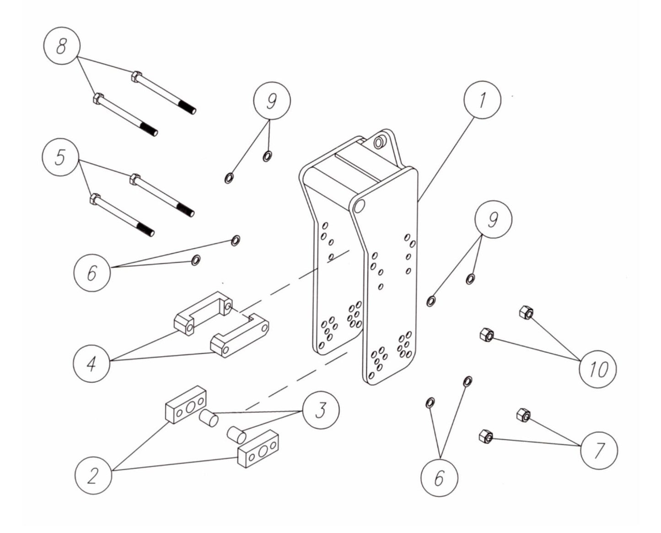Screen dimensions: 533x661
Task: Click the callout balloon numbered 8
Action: click(x=62, y=47)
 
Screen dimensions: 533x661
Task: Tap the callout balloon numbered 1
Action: click(x=482, y=101)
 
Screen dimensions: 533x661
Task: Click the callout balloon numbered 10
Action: click(x=597, y=369)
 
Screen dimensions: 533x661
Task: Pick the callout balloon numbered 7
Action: click(x=598, y=451)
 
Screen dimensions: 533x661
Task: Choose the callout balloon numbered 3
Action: click(x=321, y=409)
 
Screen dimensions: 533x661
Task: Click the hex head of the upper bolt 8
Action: click(x=135, y=76)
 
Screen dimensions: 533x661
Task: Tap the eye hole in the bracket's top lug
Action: click(x=379, y=142)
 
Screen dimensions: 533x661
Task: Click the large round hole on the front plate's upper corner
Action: click(x=359, y=206)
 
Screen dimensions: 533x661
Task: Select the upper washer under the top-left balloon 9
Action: click(x=267, y=157)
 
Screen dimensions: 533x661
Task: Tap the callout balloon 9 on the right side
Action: click(x=493, y=220)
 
